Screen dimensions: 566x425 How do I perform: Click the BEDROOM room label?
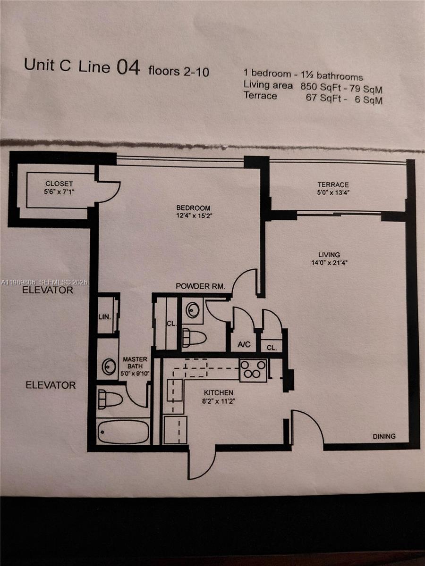coord(193,208)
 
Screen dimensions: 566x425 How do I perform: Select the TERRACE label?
coord(333,184)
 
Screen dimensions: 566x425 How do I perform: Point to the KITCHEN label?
coord(218,392)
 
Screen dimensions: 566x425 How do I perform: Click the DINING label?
coord(384,436)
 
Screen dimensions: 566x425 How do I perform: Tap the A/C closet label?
coord(244,345)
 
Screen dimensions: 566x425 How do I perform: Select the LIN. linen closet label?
coord(104,317)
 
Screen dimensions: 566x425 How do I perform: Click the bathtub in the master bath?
coord(123,431)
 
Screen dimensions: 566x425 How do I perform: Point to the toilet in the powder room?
coord(194,337)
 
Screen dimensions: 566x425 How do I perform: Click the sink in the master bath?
coord(109,366)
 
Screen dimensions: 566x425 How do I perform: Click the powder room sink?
coord(193,310)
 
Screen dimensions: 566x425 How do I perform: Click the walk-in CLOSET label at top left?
coord(59,183)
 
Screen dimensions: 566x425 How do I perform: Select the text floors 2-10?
coord(178,72)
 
